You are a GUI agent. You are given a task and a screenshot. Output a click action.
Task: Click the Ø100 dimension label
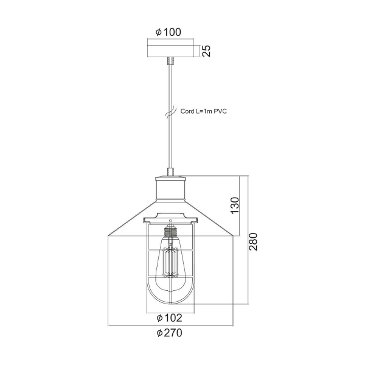pyautogui.click(x=169, y=32)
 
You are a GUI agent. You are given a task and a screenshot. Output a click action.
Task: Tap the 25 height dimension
pyautogui.click(x=206, y=51)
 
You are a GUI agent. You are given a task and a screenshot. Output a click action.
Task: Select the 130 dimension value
pyautogui.click(x=235, y=205)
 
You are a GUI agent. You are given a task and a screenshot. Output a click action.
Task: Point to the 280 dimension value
pyautogui.click(x=253, y=242)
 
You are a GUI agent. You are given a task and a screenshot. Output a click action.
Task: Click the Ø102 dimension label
pyautogui.click(x=169, y=318)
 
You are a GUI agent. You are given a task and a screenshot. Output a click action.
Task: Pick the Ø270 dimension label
pyautogui.click(x=169, y=333)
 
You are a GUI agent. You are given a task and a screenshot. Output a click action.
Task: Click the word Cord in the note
pyautogui.click(x=187, y=111)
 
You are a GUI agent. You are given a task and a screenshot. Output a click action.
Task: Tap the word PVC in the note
pyautogui.click(x=220, y=111)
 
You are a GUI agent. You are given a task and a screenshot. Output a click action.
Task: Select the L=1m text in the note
pyautogui.click(x=204, y=111)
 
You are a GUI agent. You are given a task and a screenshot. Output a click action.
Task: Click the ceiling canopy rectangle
pyautogui.click(x=170, y=51)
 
